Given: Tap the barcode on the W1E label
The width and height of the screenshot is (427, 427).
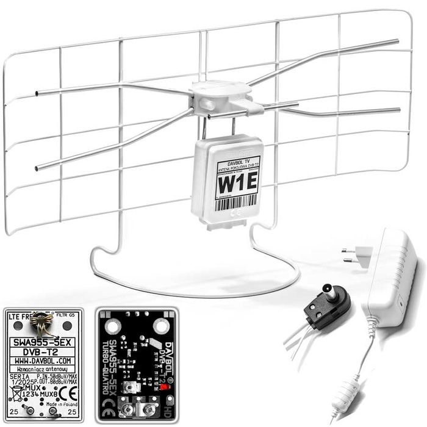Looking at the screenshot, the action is click(234, 202).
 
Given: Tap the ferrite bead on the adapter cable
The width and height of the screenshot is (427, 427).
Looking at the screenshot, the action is click(351, 391).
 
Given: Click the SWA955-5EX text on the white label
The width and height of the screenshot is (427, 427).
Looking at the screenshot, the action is click(43, 342).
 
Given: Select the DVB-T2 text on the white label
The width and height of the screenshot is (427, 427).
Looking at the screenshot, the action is click(43, 352).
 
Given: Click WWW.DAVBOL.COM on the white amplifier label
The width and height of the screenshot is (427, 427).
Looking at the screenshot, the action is click(43, 361).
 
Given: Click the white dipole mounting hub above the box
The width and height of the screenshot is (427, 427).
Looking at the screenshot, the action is click(219, 98).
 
